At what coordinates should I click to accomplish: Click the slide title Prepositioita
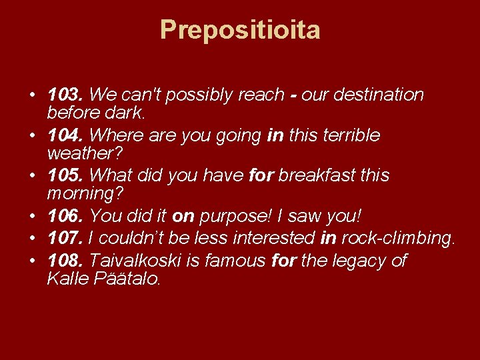pyautogui.click(x=240, y=30)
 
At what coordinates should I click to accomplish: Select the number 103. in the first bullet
pyautogui.click(x=66, y=95)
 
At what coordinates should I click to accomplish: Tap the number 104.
pyautogui.click(x=66, y=136)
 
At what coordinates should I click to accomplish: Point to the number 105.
pyautogui.click(x=66, y=176)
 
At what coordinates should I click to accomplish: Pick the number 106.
pyautogui.click(x=66, y=216)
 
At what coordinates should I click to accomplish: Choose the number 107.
pyautogui.click(x=66, y=238)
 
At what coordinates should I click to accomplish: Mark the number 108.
pyautogui.click(x=66, y=260)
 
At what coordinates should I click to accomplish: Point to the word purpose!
pyautogui.click(x=237, y=217)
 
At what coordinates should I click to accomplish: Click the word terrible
pyautogui.click(x=350, y=136)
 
